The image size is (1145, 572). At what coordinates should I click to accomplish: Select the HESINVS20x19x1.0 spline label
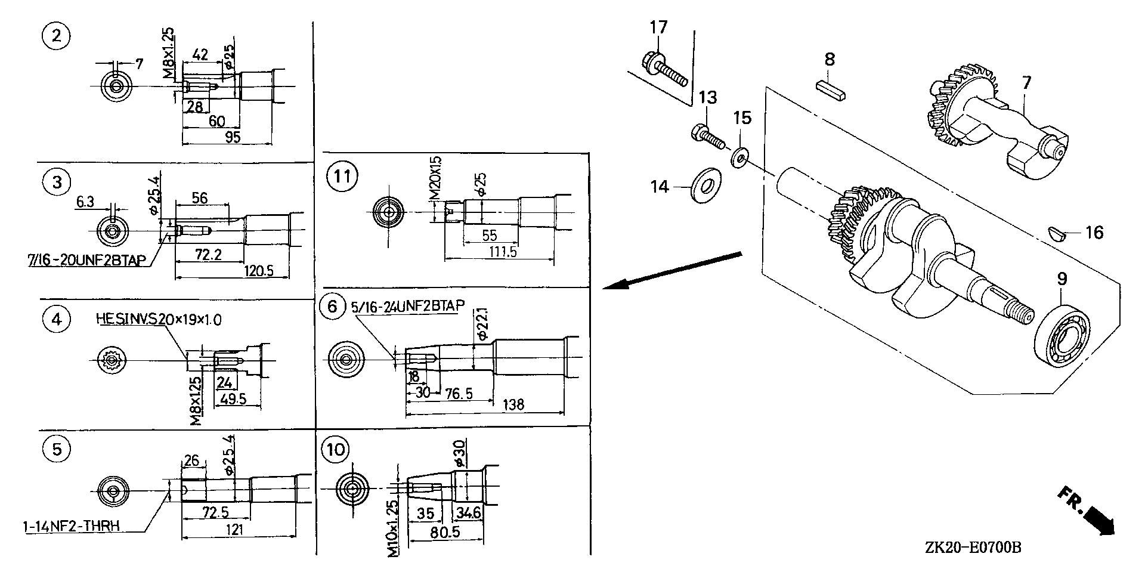click(x=159, y=320)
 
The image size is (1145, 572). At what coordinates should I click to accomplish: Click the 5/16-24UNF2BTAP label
click(x=408, y=307)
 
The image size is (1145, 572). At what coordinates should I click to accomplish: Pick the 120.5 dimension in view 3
click(x=259, y=271)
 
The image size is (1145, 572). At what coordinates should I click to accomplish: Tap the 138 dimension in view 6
click(x=513, y=404)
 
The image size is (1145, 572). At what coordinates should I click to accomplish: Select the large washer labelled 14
click(x=705, y=187)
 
